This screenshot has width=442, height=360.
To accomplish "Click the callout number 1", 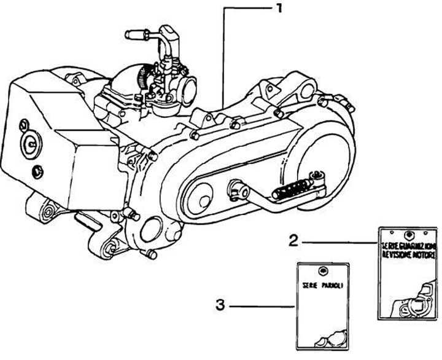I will pyautogui.click(x=279, y=9).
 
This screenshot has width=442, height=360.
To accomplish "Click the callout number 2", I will pyautogui.click(x=294, y=240).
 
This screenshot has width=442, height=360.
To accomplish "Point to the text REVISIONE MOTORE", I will pyautogui.click(x=407, y=254).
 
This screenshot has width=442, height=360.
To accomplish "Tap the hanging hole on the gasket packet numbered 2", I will pyautogui.click(x=408, y=233).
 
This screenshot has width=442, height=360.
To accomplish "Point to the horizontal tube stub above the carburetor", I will pyautogui.click(x=136, y=34).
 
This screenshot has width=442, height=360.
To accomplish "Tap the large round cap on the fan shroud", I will pyautogui.click(x=29, y=144).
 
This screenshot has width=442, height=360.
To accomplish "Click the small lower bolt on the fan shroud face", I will pyautogui.click(x=38, y=169).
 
